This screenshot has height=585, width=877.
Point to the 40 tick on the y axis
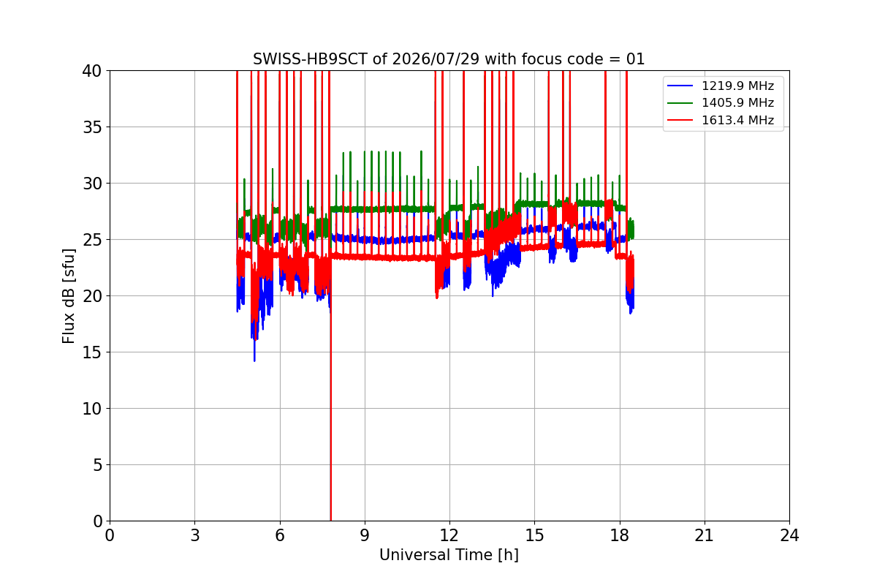tap(91, 71)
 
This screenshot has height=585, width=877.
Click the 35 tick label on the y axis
tap(91, 127)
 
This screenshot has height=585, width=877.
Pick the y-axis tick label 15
tap(91, 352)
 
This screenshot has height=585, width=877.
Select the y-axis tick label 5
tap(97, 465)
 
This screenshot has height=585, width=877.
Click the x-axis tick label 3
tap(195, 535)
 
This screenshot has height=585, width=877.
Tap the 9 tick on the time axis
tap(365, 535)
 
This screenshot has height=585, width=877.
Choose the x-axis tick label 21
tap(705, 535)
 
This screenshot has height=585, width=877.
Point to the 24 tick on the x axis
tap(789, 535)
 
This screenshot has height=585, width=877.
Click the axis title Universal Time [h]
tap(449, 555)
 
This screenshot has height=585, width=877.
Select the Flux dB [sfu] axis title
tap(68, 296)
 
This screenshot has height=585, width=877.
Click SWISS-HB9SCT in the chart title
tap(310, 59)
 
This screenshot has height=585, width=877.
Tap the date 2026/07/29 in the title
tap(436, 59)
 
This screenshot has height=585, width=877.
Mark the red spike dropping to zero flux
tap(331, 392)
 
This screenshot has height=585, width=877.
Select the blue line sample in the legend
tap(680, 86)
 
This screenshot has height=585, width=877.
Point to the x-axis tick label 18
tap(620, 535)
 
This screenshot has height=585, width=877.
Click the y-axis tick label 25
tap(91, 240)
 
